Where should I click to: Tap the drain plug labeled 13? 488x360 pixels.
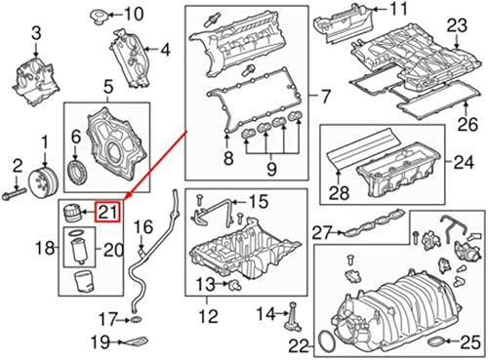point(233,284)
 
